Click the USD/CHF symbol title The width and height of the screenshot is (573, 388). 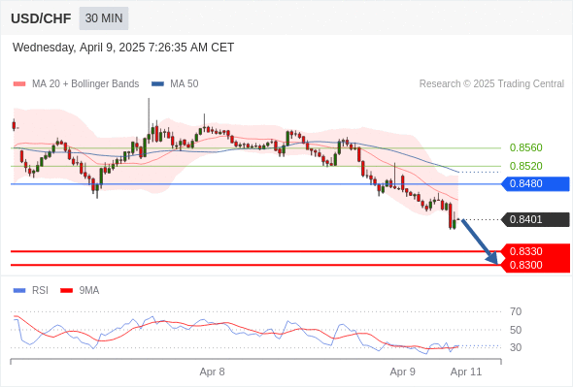(41, 18)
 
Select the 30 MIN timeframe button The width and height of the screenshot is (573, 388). (104, 18)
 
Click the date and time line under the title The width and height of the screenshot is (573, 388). (123, 48)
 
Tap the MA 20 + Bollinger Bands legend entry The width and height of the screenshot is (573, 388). (76, 84)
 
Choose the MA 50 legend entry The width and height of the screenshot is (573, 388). (175, 84)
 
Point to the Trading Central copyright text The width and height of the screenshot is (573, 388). (491, 84)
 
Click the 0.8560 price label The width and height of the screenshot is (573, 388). (525, 147)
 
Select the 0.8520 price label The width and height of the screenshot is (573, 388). (525, 166)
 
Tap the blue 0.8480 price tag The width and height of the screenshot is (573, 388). (535, 183)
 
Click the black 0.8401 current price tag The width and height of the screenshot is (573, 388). (535, 219)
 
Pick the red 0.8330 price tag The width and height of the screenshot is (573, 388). (535, 251)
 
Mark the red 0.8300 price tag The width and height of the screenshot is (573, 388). (535, 265)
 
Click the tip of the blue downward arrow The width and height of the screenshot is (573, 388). (497, 264)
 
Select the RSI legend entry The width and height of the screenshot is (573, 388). (31, 291)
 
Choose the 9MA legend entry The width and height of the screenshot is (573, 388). (80, 291)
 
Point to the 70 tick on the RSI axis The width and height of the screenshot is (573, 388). (516, 311)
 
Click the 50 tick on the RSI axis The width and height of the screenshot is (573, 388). (516, 330)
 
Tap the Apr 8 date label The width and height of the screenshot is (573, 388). (212, 372)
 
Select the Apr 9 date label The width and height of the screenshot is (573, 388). (403, 372)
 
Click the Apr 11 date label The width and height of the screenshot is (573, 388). (466, 372)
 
